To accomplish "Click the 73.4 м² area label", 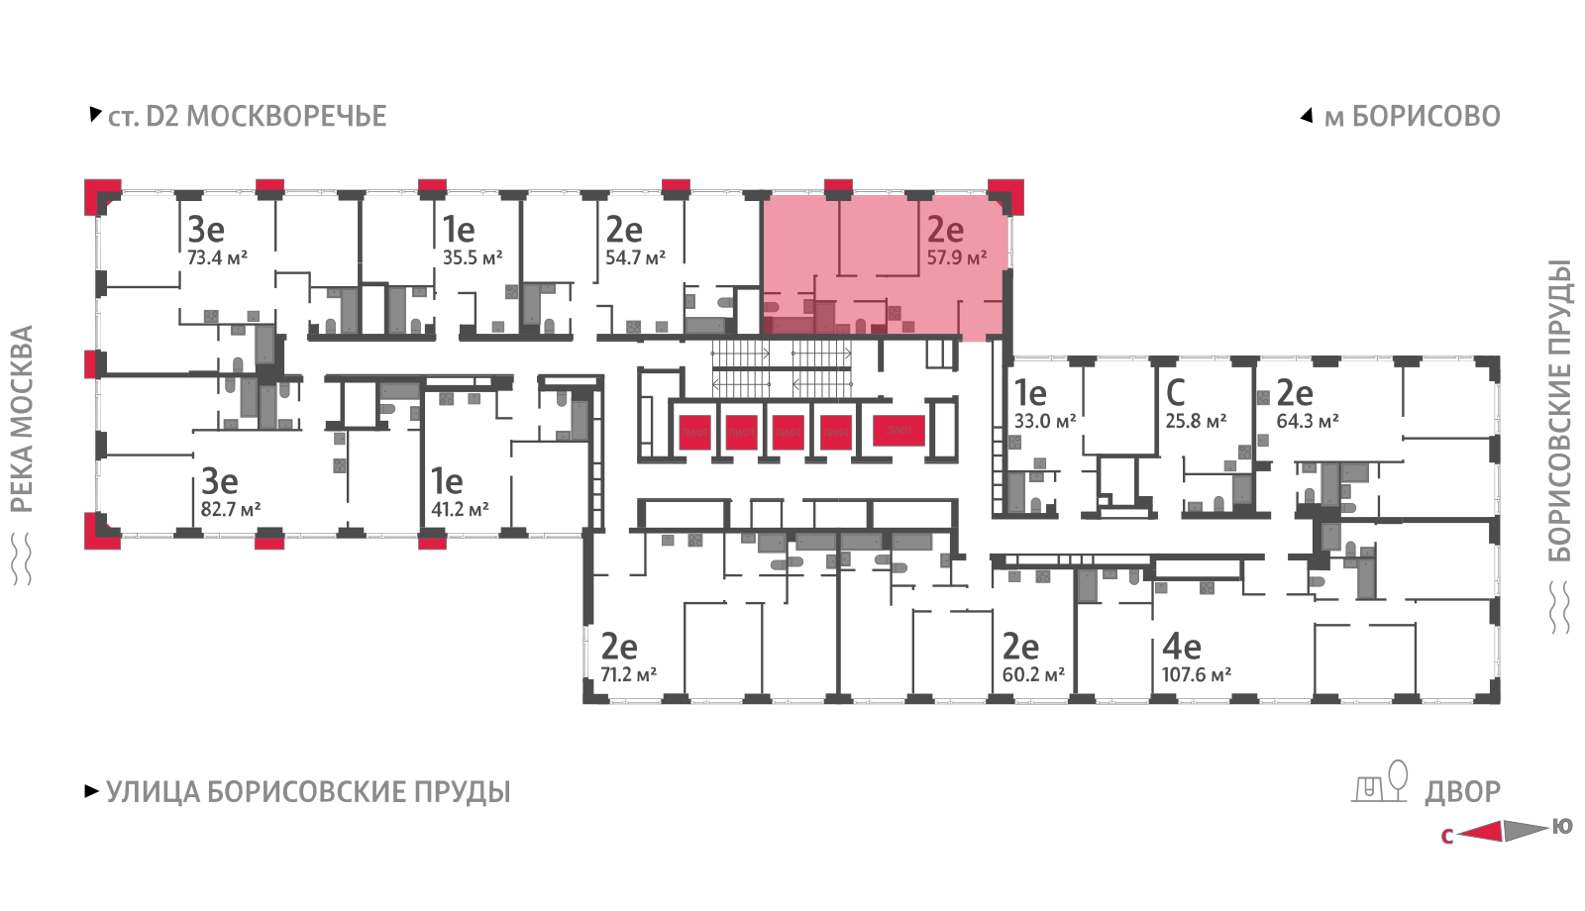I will point(217,257).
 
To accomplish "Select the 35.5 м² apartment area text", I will point(472,257).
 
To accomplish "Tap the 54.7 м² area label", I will point(635,257).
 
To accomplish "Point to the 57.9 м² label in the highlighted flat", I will point(956,257).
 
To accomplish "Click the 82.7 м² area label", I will point(230,510).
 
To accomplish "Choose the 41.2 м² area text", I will point(460,510).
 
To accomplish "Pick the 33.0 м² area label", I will point(1044,421).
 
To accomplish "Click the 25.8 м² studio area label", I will point(1196,421).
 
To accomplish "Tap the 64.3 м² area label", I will point(1307,421).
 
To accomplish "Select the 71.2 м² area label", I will point(628,675).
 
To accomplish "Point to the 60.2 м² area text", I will point(1033,675).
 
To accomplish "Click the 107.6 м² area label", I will point(1196,675).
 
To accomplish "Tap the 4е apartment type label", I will point(1181,648).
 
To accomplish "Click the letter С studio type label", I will point(1175,393).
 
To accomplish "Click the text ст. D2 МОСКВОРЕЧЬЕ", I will point(247,117).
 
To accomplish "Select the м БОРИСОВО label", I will point(1412,117).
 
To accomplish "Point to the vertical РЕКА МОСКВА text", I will point(22,419).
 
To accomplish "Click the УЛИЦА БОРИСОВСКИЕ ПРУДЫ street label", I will point(308,792).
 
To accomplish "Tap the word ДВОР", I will point(1462,792).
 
